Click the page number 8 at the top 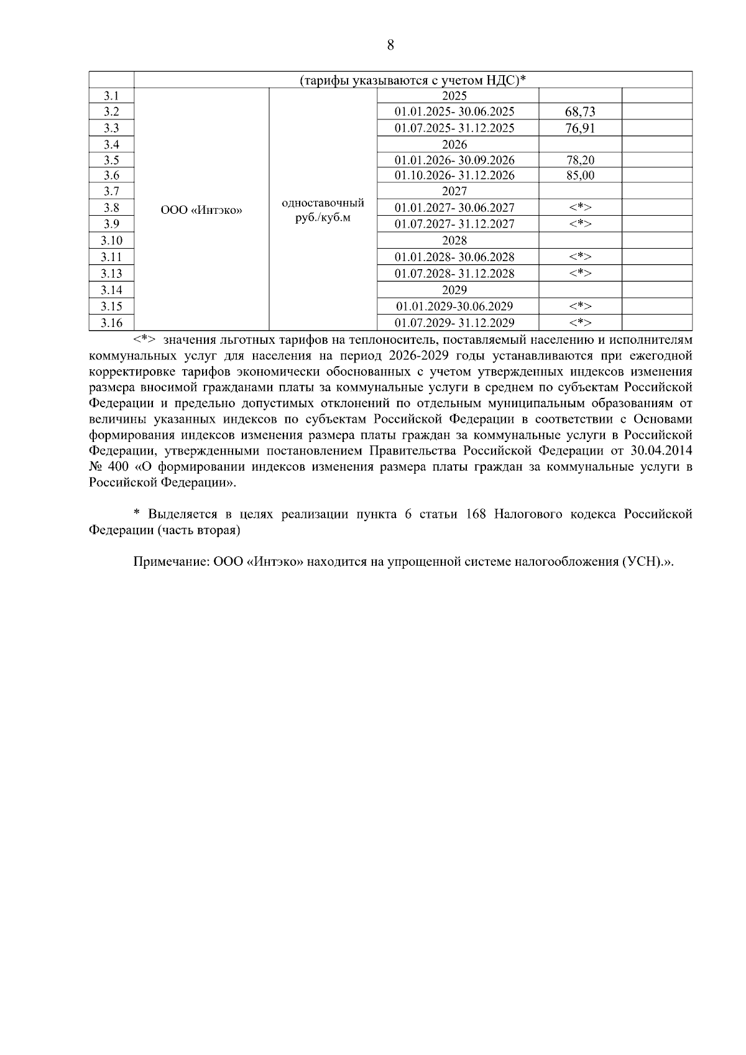[x=390, y=45]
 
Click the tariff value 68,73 [x=580, y=112]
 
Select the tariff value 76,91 [x=580, y=128]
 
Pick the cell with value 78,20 [x=580, y=160]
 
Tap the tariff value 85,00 [x=580, y=176]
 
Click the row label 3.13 [x=111, y=274]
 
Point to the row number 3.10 [x=111, y=241]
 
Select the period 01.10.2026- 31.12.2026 [x=454, y=176]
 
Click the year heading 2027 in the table [x=454, y=191]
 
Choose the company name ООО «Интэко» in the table [x=201, y=211]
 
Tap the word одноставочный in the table [x=323, y=203]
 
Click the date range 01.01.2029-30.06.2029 [x=454, y=306]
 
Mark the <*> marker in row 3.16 [x=580, y=323]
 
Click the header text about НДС [x=413, y=80]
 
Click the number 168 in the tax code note [x=475, y=514]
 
